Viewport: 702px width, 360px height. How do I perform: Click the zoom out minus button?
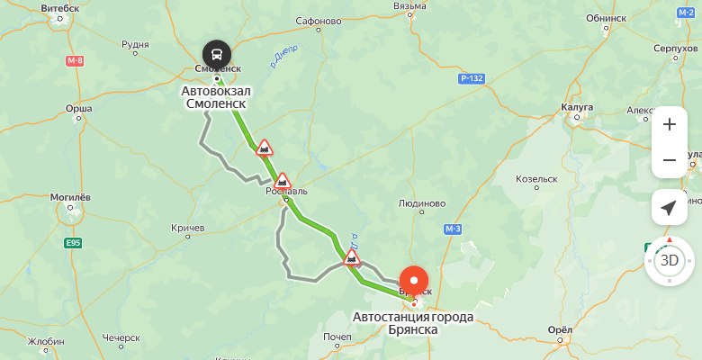coord(669,160)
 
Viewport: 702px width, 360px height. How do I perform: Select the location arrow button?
coord(669,208)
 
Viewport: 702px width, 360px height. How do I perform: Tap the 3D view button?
coord(669,261)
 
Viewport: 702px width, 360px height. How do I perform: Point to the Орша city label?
coord(79,109)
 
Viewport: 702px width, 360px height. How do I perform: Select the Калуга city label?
coord(576,106)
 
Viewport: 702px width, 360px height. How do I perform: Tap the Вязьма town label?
coord(409,5)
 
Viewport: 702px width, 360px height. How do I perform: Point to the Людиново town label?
coord(423,203)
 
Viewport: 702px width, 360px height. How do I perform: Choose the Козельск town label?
coord(537,178)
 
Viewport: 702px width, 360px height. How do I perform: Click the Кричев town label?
coord(188,229)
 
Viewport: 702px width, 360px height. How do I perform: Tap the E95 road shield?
coord(74,243)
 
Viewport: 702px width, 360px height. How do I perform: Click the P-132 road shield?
coord(472,79)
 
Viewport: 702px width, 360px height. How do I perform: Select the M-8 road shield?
coord(75,60)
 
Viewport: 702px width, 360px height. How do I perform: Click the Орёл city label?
coord(559,329)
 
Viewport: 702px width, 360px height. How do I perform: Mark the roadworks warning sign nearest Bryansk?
coord(352,259)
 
